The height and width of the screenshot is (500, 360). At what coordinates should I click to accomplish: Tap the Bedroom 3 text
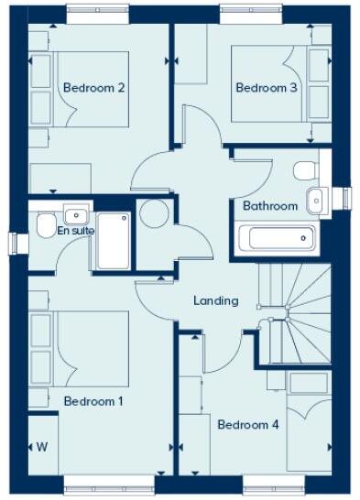point(267,88)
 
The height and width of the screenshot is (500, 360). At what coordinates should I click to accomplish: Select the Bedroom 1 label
point(93,401)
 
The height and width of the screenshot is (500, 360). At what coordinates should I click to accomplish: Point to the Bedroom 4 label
point(247,424)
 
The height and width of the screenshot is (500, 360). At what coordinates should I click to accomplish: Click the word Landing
point(216,300)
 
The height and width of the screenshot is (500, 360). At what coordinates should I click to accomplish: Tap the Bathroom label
point(270,206)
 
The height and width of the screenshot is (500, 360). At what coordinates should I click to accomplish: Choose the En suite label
point(76,231)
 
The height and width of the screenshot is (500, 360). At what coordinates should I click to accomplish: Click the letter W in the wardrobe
point(42,447)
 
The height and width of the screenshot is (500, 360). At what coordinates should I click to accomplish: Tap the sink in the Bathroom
point(316,198)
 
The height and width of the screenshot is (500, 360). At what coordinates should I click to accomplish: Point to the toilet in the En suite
point(44,225)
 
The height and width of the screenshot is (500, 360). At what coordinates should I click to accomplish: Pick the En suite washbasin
point(76,216)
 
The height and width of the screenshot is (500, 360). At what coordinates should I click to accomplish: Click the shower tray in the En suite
point(114,241)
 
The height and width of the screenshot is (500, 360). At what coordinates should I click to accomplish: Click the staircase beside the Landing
point(295,311)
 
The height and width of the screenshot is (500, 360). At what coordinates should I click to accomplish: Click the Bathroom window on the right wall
point(346,198)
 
